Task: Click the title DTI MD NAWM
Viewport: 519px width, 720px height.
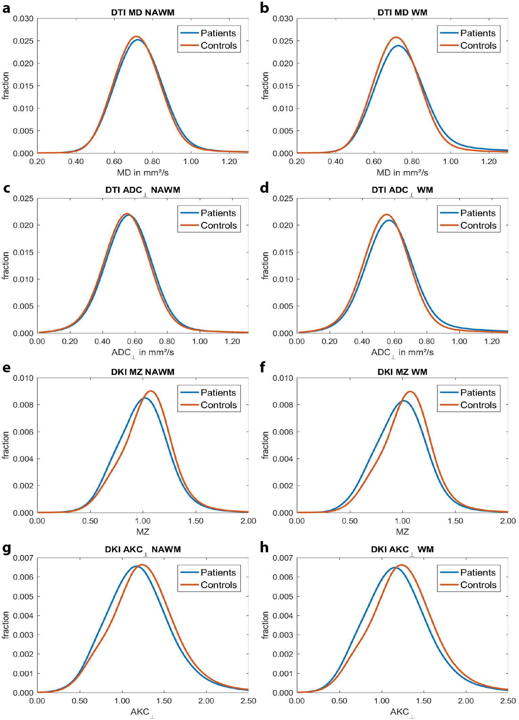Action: pyautogui.click(x=143, y=13)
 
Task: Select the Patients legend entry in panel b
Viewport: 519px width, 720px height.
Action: pyautogui.click(x=477, y=33)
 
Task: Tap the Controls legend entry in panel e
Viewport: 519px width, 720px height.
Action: pyautogui.click(x=218, y=405)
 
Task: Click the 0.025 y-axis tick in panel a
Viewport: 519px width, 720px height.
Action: pyautogui.click(x=23, y=41)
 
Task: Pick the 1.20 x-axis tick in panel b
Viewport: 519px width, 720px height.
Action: pyautogui.click(x=489, y=162)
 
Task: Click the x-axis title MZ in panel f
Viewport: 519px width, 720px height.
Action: pyautogui.click(x=402, y=532)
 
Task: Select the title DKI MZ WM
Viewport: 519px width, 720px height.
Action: pyautogui.click(x=402, y=372)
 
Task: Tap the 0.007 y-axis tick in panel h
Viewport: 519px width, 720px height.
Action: pyautogui.click(x=283, y=558)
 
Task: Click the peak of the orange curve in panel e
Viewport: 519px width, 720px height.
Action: pyautogui.click(x=150, y=391)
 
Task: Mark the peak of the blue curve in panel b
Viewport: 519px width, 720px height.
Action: pyautogui.click(x=399, y=46)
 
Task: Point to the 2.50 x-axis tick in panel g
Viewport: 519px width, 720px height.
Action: pyautogui.click(x=248, y=701)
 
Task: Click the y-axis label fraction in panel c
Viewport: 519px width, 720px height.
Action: pyautogui.click(x=5, y=265)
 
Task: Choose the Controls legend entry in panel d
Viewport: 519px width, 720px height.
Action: pyautogui.click(x=478, y=225)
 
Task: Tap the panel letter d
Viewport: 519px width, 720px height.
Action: pyautogui.click(x=264, y=188)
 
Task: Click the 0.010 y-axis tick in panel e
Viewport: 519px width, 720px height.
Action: pyautogui.click(x=23, y=378)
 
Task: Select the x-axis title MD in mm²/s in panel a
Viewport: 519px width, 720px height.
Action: pyautogui.click(x=143, y=173)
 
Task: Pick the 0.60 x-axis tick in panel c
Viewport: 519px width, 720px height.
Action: pyautogui.click(x=135, y=342)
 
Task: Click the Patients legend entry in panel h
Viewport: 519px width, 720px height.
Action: pyautogui.click(x=477, y=572)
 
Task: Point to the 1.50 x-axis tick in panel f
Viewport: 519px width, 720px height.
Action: pyautogui.click(x=455, y=521)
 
